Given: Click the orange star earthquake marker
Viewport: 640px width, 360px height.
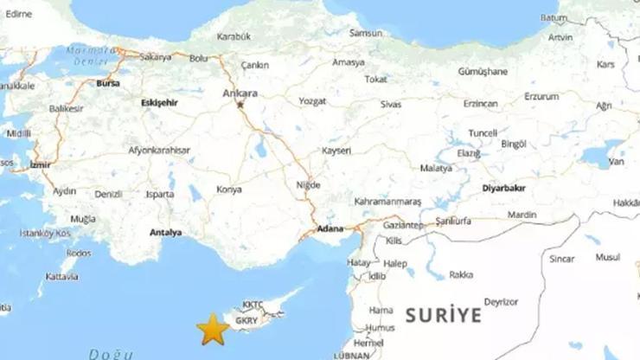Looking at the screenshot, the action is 213,329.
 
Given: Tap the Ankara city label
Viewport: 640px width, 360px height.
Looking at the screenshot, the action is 240,93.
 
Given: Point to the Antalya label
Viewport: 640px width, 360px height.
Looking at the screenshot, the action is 165,233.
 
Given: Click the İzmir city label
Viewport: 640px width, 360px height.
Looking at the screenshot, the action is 40,164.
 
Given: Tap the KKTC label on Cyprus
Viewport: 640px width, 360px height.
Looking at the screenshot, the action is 253,305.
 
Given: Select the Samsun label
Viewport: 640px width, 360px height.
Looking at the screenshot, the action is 365,34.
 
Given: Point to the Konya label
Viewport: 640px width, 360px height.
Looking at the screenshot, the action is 229,189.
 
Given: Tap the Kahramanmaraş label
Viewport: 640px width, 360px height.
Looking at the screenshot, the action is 387,201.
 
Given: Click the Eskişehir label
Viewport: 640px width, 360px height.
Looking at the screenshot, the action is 159,101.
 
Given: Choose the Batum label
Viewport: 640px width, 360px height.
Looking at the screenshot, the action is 554,17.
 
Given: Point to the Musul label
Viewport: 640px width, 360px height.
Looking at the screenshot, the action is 608,257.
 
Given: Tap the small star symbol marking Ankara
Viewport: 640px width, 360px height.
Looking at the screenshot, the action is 240,105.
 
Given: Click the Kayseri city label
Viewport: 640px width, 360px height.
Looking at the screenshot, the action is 336,151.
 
